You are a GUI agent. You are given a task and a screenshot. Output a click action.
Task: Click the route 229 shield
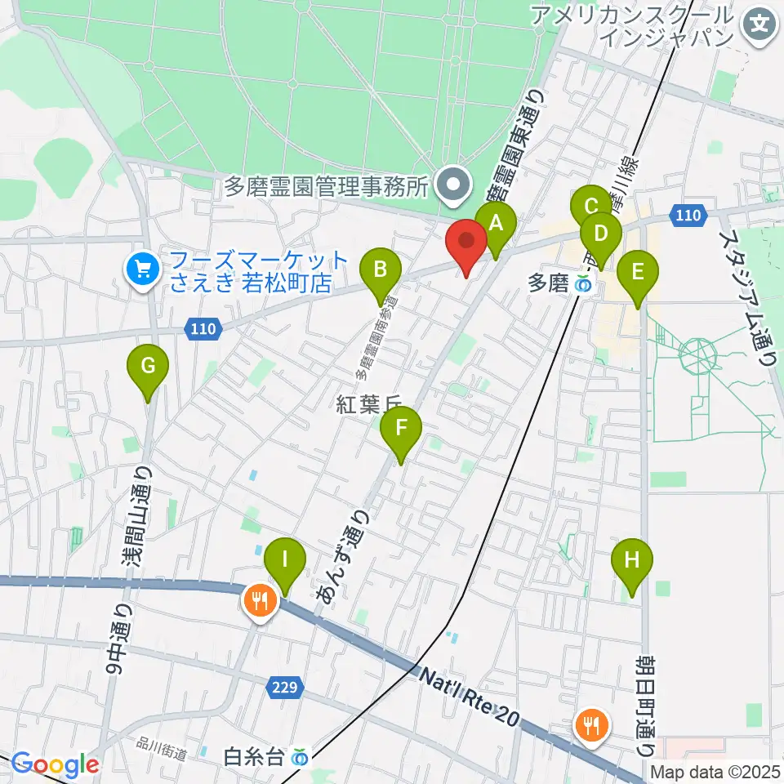(282, 688)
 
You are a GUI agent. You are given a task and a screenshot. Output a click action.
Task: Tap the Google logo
(55, 765)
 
